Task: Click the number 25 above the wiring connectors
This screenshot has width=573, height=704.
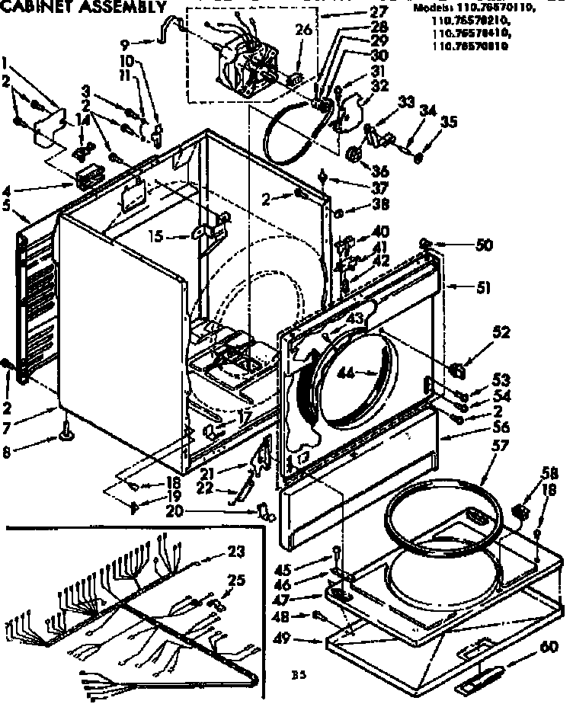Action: tap(237, 581)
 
